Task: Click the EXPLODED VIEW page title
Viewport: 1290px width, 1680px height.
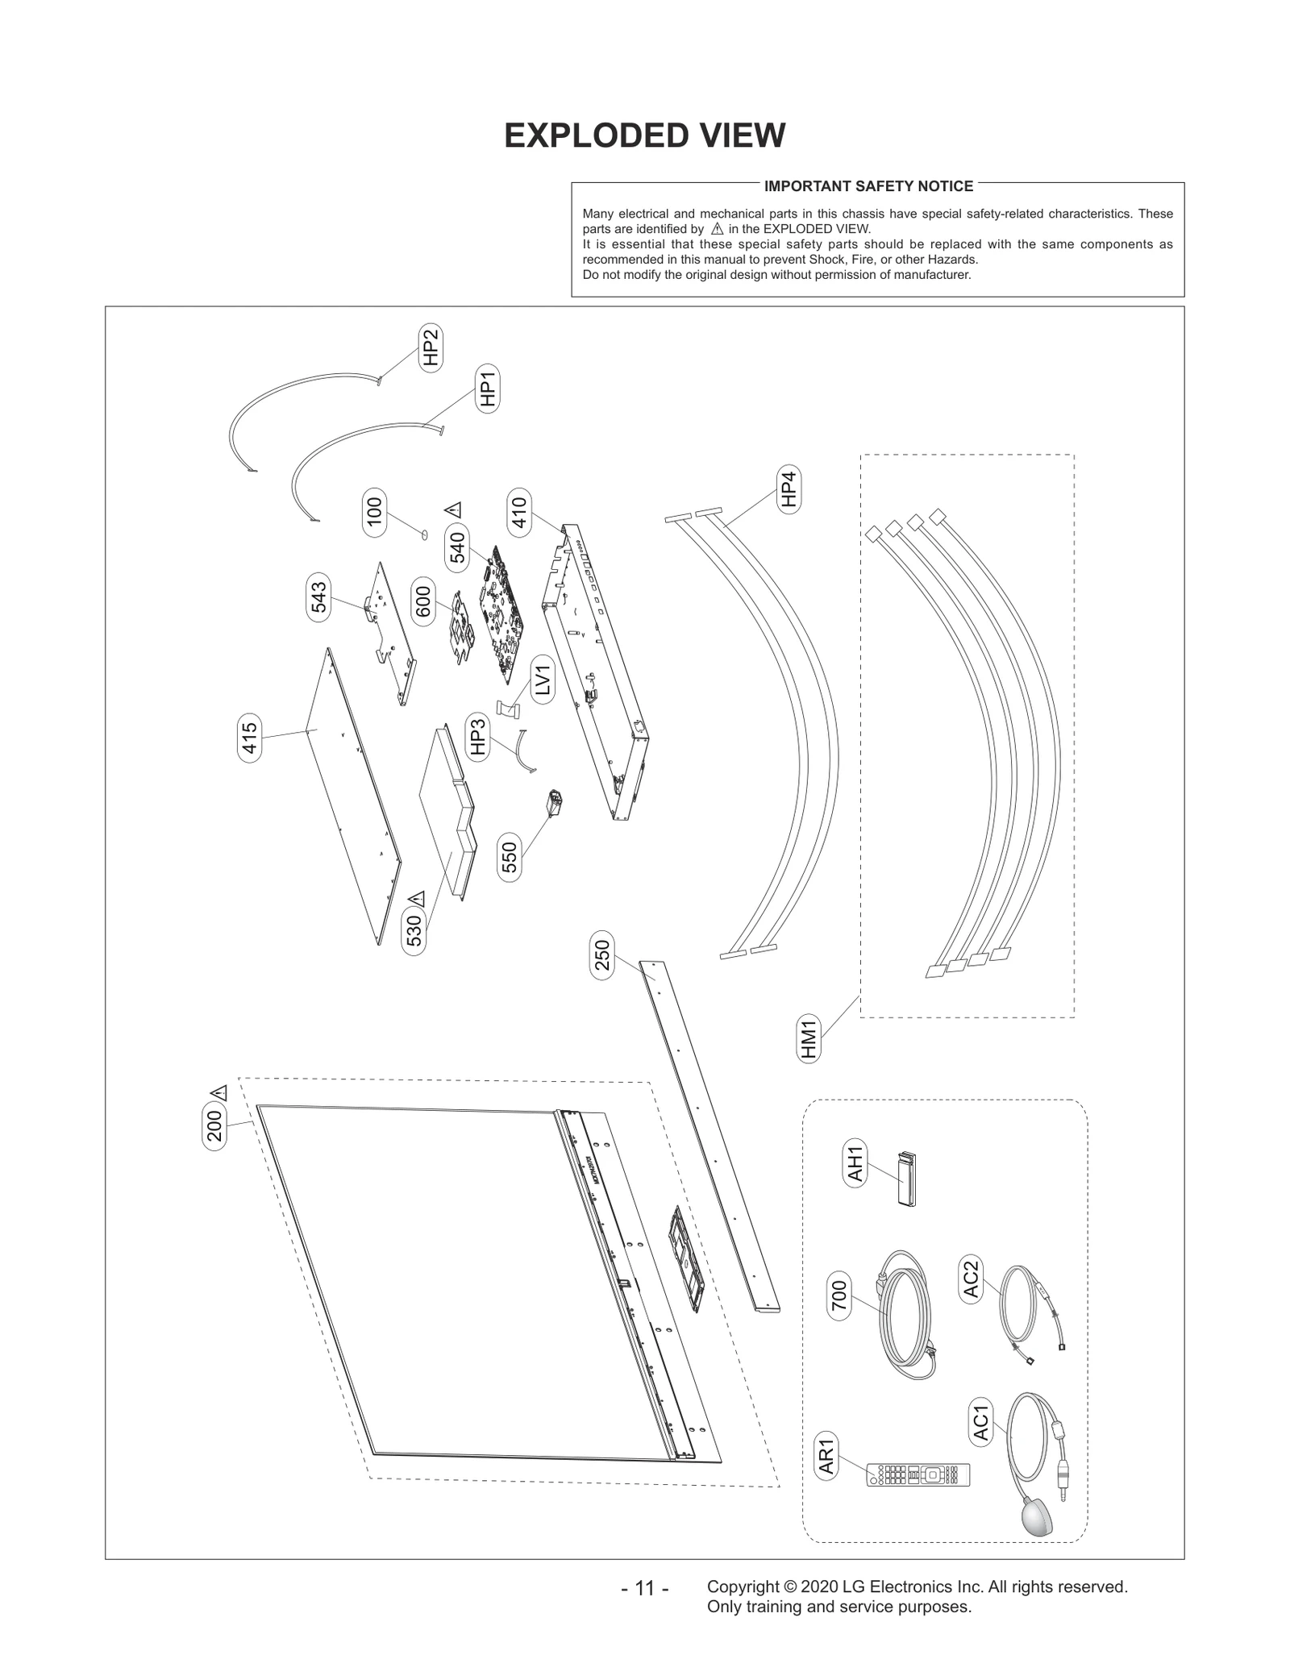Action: pos(644,135)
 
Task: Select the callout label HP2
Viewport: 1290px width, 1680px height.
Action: pos(431,347)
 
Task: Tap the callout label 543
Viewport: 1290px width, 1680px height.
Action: pos(319,597)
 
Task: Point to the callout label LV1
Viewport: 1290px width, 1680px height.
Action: pos(543,679)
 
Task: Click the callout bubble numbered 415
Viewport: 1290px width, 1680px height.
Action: pos(250,738)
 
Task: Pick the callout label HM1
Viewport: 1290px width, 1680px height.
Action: pos(809,1040)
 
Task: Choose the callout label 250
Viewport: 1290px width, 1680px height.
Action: pos(602,955)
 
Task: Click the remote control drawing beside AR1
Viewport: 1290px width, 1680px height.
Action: pos(918,1475)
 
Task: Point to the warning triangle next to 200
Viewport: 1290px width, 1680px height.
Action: pos(218,1093)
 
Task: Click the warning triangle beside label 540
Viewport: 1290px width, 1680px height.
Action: pos(453,509)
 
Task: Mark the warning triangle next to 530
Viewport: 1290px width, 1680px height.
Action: pos(416,898)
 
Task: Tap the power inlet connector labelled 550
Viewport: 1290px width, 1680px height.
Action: pos(555,803)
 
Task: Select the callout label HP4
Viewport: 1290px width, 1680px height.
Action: pos(788,489)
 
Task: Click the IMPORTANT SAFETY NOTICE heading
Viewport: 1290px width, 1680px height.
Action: pos(868,186)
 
